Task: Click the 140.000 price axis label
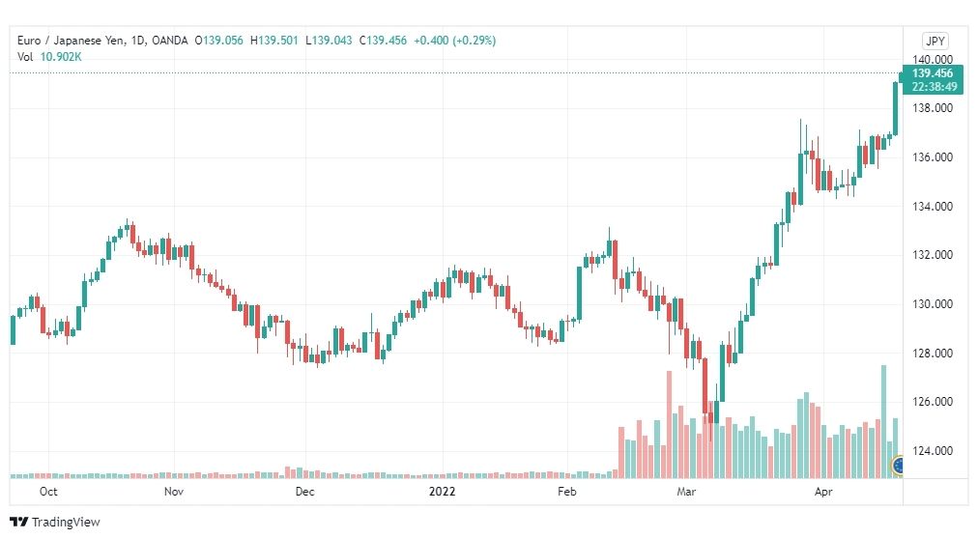coord(933,60)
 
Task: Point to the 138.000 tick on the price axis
coord(933,108)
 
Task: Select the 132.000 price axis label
coord(933,255)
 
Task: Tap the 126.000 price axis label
coord(933,402)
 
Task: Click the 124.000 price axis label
coord(933,450)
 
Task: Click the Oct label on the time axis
coord(48,492)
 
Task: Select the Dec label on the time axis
coord(304,492)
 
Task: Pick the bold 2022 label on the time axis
coord(442,492)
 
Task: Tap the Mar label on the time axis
coord(686,492)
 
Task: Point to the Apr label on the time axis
coord(823,492)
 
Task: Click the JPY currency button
coord(935,42)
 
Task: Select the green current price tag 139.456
coord(933,80)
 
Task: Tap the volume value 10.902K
coord(61,57)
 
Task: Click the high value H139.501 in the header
coord(273,41)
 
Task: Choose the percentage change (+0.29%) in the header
coord(475,41)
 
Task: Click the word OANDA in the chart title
coord(169,41)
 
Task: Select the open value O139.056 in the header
coord(219,41)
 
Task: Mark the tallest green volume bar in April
coord(883,422)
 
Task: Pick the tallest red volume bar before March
coord(670,425)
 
